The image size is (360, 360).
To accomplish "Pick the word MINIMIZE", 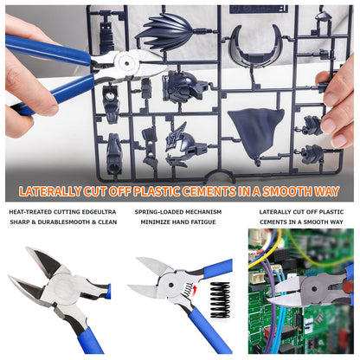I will tap(156, 222).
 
